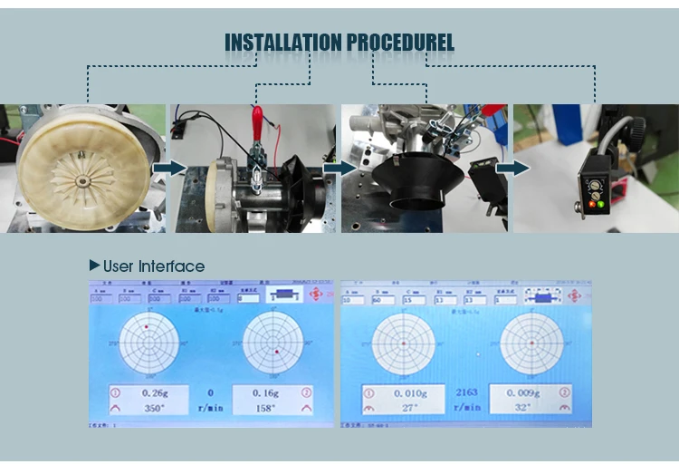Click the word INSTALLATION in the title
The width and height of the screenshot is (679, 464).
coord(282,43)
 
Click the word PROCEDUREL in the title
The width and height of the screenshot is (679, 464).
coord(399,43)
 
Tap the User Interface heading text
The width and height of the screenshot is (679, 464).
coord(153,266)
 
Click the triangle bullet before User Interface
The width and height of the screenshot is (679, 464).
coord(94,266)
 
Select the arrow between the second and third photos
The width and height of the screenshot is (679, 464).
coord(339,169)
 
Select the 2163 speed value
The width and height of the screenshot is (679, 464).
coord(466,392)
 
